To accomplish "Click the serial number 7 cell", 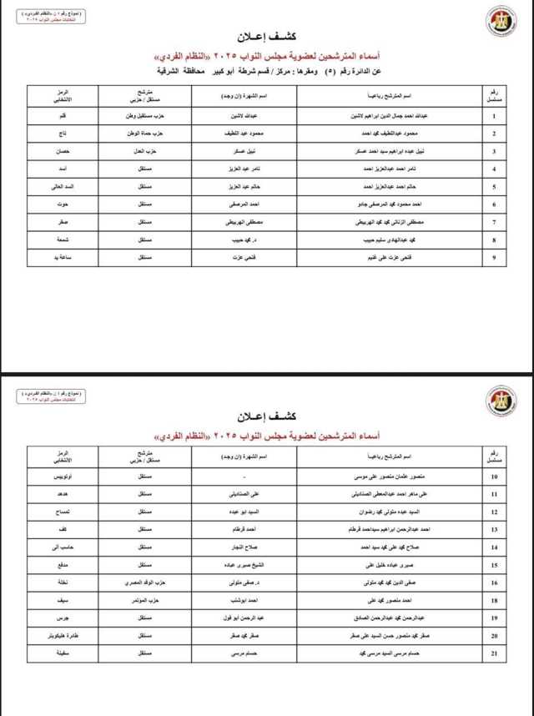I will [495, 223].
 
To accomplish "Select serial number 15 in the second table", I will [495, 564].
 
